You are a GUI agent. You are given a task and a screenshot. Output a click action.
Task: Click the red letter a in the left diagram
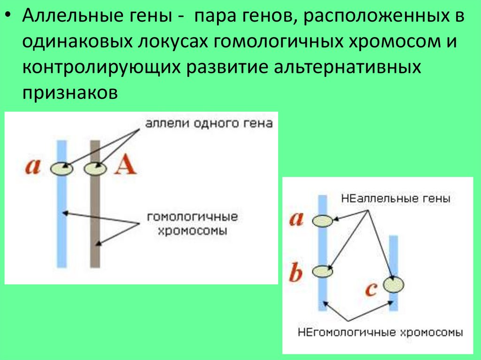pos(33,167)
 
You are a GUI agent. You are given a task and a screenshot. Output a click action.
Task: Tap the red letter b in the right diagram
pos(295,273)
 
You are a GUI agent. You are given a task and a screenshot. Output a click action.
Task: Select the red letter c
pos(371,289)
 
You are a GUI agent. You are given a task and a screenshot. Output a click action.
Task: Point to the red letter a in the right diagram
pos(296,219)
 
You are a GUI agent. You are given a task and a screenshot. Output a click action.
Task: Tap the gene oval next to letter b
pos(323,271)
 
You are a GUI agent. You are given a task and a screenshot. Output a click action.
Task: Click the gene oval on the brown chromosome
pos(95,168)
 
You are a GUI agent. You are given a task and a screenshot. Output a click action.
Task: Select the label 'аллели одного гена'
pos(209,123)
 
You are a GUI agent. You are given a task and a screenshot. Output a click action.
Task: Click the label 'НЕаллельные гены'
pos(396,199)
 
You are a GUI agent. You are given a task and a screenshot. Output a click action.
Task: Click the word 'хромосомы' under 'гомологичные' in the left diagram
pos(192,230)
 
